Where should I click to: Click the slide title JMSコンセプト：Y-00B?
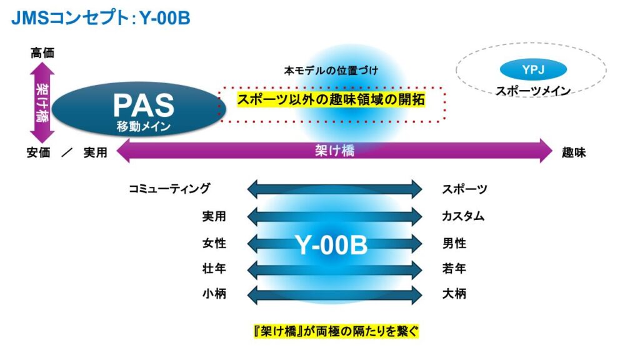coord(101,18)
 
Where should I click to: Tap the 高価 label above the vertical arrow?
coord(42,53)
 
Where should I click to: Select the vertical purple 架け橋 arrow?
coord(42,102)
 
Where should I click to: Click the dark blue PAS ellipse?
coord(139,109)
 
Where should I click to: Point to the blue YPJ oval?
coord(533,69)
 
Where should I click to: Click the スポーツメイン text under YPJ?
coord(533,91)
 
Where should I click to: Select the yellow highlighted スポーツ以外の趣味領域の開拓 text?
coord(331,99)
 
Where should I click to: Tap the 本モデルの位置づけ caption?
coord(331,71)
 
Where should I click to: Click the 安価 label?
coord(38,152)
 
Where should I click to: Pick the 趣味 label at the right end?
coord(574,152)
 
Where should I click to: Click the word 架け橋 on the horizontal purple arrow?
coord(335,151)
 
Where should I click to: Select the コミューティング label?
coord(169,189)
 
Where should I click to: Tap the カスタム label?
coord(463,216)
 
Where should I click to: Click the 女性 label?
coord(214,243)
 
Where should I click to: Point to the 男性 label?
coord(454,243)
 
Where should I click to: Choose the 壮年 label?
coord(214,269)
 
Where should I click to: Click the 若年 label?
coord(454,269)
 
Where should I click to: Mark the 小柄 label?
coord(214,294)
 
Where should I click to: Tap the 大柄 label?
coord(454,294)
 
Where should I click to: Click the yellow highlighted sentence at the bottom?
coord(336,331)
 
